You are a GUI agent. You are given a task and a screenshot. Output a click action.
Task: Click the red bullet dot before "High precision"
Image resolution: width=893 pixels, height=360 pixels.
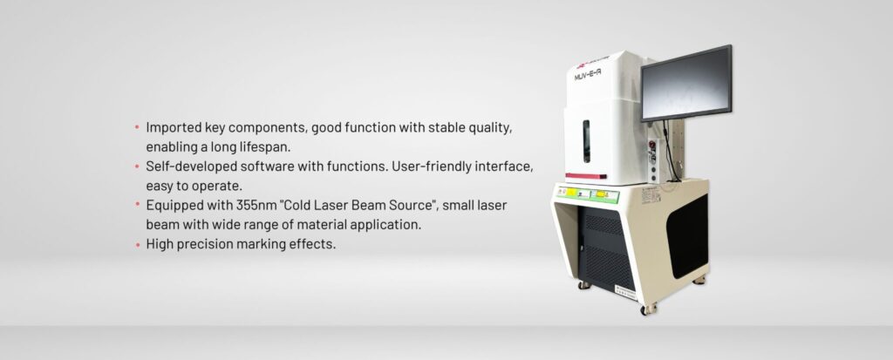[137, 245]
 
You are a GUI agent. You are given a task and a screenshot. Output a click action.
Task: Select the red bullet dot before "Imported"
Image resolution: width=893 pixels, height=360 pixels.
[137, 127]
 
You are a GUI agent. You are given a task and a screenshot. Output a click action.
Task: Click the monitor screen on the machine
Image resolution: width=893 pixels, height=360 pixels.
[686, 82]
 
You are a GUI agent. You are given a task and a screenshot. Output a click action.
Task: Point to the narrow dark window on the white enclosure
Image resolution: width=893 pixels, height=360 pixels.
[586, 141]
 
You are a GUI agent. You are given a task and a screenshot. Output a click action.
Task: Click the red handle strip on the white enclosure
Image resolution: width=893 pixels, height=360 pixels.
[585, 176]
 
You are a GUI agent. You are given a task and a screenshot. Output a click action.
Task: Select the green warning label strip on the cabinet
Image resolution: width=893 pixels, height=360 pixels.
[588, 194]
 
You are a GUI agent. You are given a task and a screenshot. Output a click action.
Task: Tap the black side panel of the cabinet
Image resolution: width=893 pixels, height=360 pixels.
[687, 235]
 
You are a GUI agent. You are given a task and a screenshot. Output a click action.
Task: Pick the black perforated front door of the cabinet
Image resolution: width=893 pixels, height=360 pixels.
[607, 247]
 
